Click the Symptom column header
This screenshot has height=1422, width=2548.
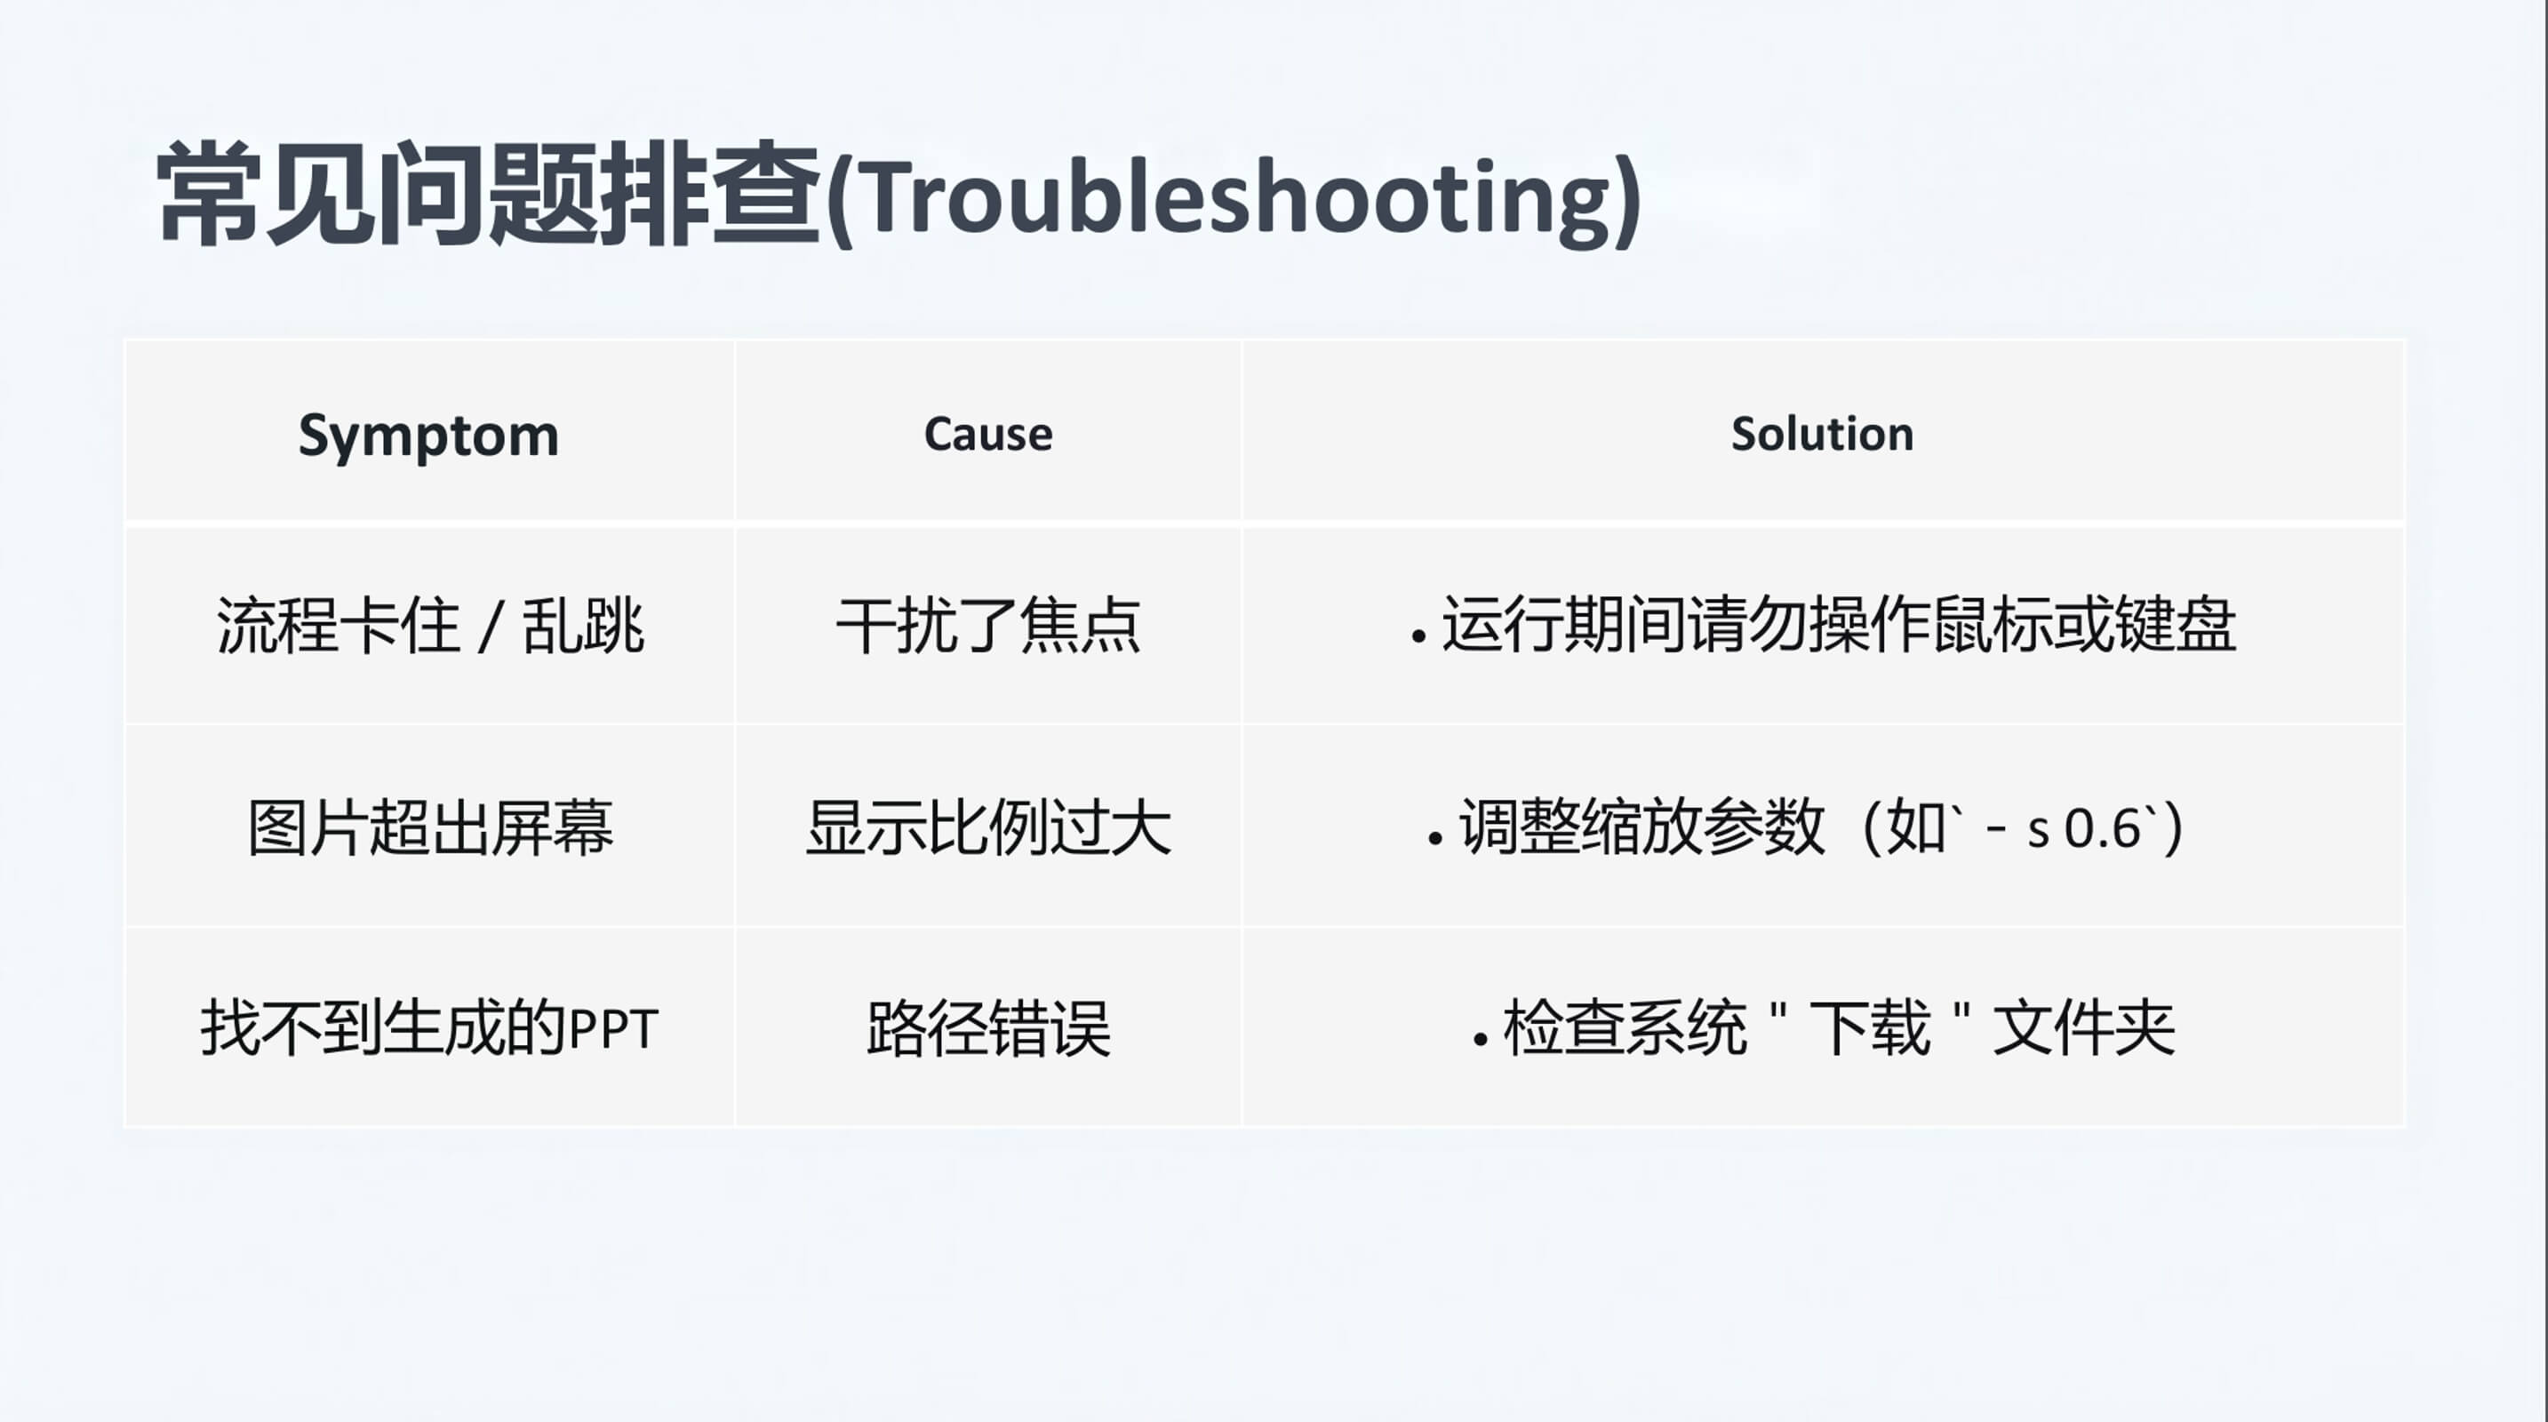(428, 436)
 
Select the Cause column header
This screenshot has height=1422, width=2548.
(988, 434)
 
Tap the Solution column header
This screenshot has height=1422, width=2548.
(1822, 434)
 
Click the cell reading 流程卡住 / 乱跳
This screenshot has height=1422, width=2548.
(430, 626)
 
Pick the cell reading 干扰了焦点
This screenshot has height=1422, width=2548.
(988, 626)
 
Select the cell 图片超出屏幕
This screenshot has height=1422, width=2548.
(430, 827)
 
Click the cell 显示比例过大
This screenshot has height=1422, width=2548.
(988, 827)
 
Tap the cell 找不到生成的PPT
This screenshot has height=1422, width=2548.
(429, 1028)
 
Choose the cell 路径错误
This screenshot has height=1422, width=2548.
(988, 1028)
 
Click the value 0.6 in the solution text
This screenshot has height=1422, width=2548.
(2104, 828)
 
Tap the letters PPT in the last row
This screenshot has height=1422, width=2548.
(614, 1030)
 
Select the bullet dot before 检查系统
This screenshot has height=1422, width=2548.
(1481, 1039)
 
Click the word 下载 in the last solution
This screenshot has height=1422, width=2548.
(1870, 1028)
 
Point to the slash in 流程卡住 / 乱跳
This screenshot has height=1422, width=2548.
(490, 627)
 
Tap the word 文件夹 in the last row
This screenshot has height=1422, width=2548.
(2084, 1028)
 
